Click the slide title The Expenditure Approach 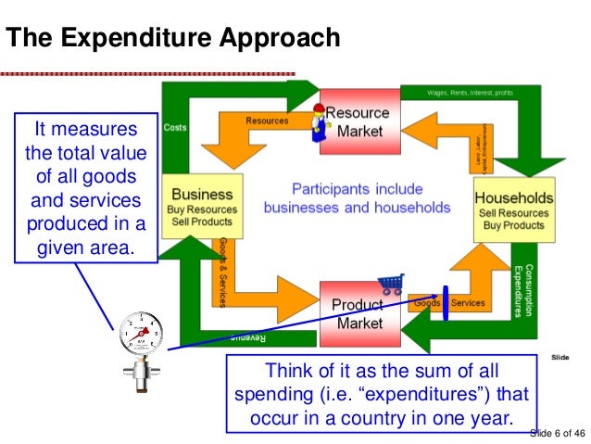point(173,38)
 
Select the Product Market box point(358,313)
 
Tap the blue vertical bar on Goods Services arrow point(446,302)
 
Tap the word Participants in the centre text point(323,186)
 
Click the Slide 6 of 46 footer point(556,433)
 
